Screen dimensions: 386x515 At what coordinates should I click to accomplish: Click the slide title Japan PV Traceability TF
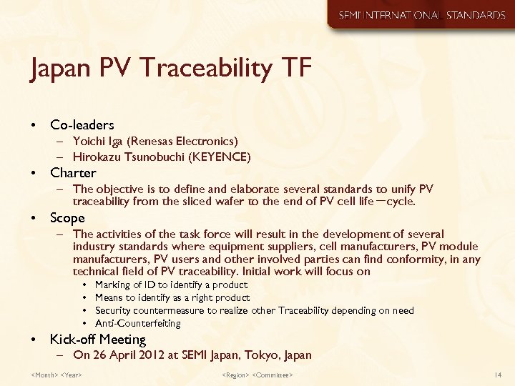point(171,70)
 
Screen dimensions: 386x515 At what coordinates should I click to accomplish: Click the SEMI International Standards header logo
point(421,15)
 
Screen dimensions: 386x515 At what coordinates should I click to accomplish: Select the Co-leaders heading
point(82,125)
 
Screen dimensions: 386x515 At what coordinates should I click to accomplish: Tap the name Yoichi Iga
point(97,142)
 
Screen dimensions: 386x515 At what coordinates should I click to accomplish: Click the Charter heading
point(73,173)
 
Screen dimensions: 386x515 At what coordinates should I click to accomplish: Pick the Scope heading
point(67,218)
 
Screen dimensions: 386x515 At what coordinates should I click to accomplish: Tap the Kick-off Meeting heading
point(97,340)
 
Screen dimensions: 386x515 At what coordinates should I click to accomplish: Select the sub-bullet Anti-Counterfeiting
point(138,323)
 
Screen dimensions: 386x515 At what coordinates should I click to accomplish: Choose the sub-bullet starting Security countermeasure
point(254,310)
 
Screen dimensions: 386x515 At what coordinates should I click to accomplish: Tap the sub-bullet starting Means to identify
point(172,297)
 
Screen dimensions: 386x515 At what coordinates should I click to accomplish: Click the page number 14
point(498,375)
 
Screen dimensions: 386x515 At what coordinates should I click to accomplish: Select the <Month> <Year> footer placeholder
point(57,375)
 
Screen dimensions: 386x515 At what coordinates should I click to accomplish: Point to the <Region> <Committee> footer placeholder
point(257,375)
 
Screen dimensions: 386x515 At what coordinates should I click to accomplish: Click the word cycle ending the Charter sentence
point(401,202)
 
